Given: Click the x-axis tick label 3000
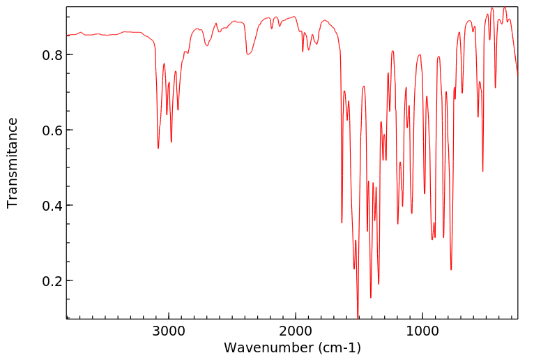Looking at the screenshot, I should click(x=169, y=331).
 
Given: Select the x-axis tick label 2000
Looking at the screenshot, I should click(x=296, y=331).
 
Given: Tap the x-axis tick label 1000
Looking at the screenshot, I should click(x=422, y=331).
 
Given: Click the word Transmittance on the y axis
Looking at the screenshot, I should click(x=13, y=163).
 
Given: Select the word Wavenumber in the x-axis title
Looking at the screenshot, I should click(x=268, y=347).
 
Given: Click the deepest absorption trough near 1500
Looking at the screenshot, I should click(x=358, y=317).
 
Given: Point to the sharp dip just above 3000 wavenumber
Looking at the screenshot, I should click(x=158, y=148).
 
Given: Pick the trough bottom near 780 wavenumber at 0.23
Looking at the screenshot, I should click(x=451, y=269).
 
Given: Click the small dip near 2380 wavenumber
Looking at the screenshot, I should click(x=247, y=54).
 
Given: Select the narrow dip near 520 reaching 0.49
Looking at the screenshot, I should click(x=483, y=171).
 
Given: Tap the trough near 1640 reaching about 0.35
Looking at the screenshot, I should click(x=342, y=223).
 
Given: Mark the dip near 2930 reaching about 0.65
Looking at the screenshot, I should click(x=178, y=110).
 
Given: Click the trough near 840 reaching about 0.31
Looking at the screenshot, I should click(x=443, y=237).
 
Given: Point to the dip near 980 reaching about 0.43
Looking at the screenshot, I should click(x=425, y=193).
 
